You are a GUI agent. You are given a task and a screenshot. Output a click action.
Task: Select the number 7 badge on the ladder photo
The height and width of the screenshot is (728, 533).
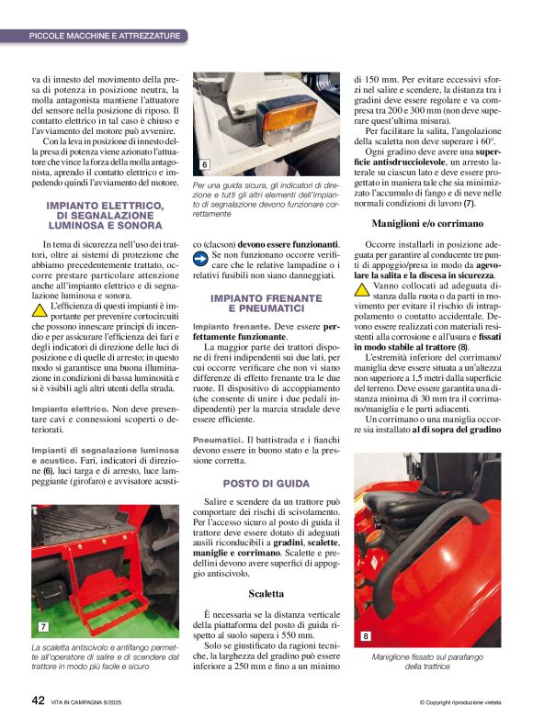(43, 627)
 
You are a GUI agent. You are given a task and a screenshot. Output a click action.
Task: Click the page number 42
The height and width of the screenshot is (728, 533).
(39, 700)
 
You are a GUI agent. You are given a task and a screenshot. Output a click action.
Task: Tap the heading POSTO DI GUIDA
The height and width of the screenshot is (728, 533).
(266, 483)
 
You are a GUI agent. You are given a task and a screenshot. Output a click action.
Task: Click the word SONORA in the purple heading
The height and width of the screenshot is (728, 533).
(137, 224)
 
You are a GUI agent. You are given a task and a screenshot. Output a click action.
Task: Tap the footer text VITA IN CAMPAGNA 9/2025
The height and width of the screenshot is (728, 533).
(96, 701)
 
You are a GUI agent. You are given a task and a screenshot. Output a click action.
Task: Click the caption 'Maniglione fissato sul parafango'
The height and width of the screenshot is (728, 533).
(425, 657)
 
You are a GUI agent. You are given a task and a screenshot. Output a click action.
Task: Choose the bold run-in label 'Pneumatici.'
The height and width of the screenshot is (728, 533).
(218, 441)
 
